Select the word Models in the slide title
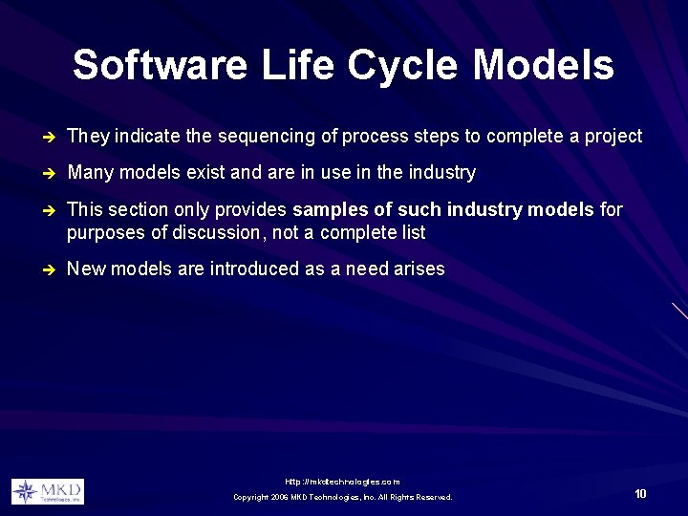(543, 66)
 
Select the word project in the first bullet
(613, 137)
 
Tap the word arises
(419, 269)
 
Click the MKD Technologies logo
(47, 491)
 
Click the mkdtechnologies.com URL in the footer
(343, 482)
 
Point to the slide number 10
(640, 494)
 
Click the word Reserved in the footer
(433, 497)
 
